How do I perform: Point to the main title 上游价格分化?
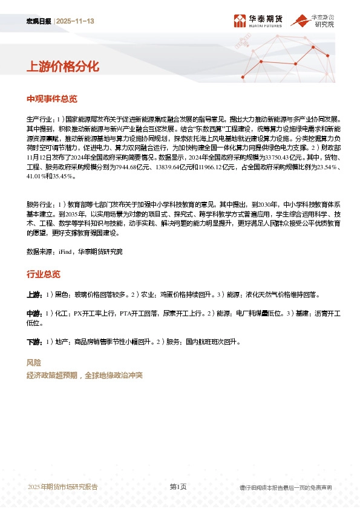tap(62, 66)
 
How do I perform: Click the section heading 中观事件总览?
tap(52, 99)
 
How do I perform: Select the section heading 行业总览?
tap(44, 274)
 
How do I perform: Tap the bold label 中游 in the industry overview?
tap(33, 314)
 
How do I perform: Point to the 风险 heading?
tap(34, 363)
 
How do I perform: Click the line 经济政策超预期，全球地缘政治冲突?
tap(84, 375)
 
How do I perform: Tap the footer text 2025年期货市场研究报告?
tap(63, 487)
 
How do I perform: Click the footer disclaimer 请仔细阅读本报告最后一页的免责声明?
tap(285, 487)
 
